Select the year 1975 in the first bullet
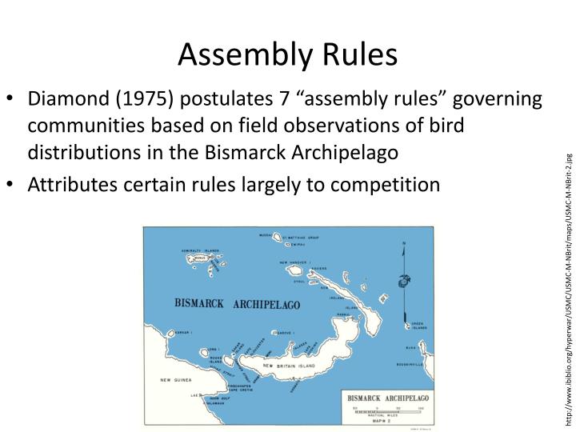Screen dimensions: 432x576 pos(144,101)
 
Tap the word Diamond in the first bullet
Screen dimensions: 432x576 pos(64,101)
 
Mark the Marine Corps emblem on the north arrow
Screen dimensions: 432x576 pos(402,281)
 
